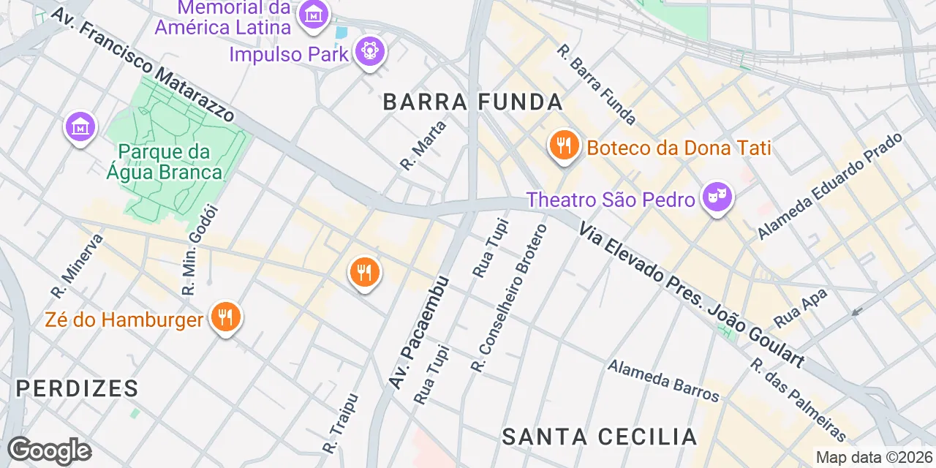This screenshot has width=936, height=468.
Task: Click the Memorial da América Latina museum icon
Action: [314, 15]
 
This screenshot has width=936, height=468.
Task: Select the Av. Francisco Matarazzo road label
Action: [143, 64]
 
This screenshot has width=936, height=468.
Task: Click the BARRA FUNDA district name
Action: [473, 102]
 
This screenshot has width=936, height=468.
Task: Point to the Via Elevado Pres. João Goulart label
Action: [691, 295]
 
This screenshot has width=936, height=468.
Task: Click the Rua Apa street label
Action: [801, 307]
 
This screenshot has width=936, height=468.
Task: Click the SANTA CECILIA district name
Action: [600, 437]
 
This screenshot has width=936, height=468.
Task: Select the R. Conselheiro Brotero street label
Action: [510, 298]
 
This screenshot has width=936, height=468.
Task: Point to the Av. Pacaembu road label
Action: [418, 333]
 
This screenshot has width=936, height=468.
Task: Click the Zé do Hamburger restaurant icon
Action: [226, 318]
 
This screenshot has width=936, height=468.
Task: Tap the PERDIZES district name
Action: [77, 388]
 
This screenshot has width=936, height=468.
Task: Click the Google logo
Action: [49, 450]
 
